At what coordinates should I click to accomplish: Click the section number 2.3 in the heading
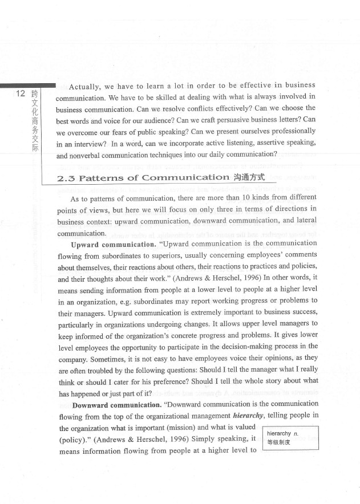66,177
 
